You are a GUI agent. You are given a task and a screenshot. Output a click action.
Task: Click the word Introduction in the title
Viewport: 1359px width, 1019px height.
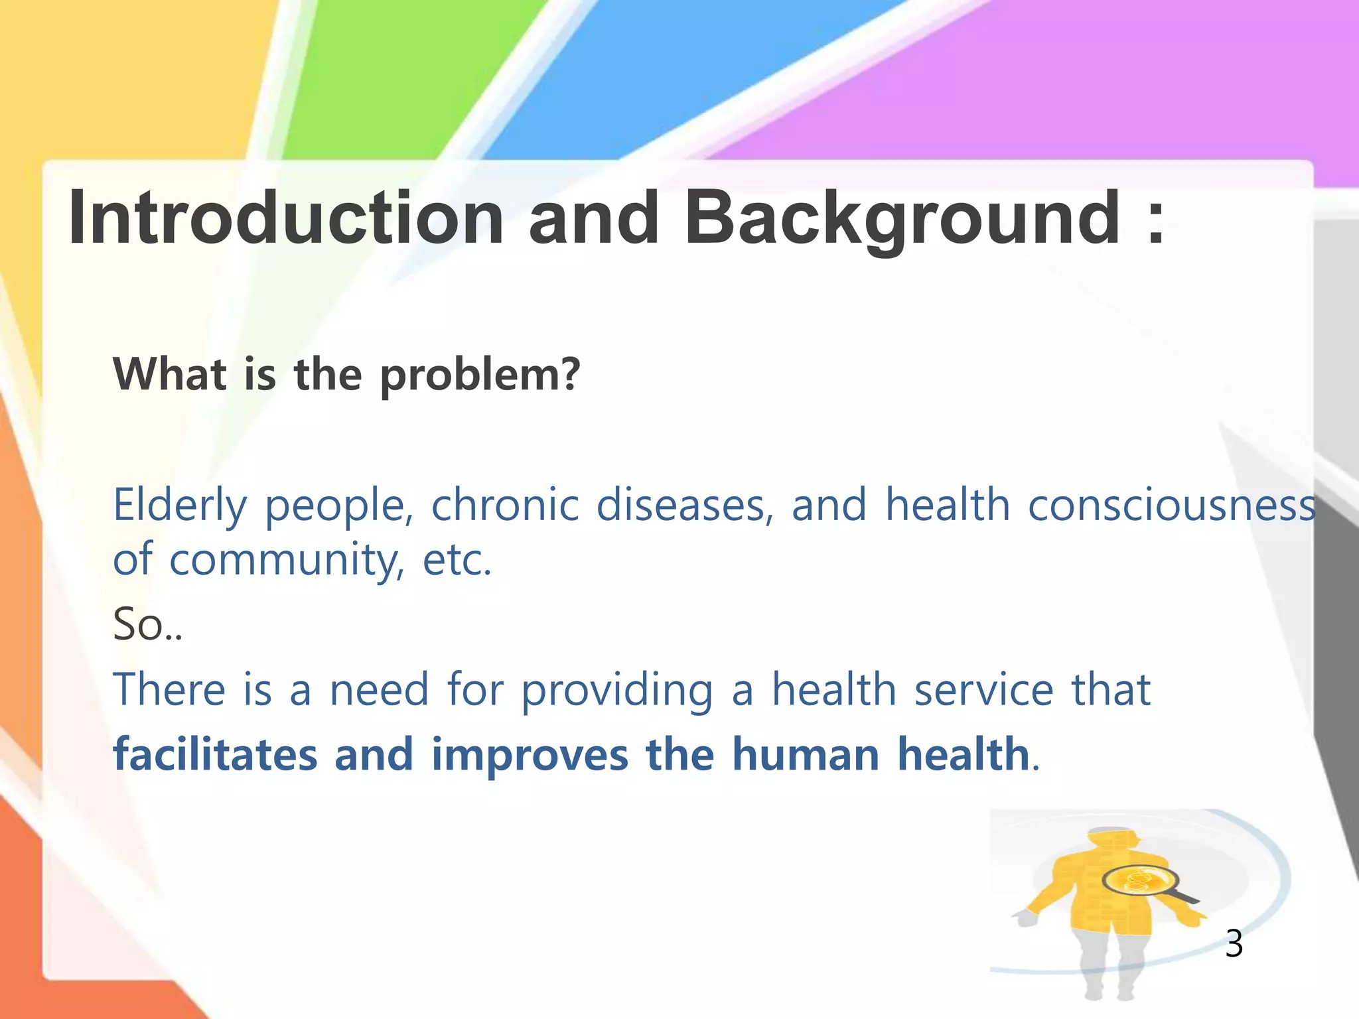click(x=285, y=218)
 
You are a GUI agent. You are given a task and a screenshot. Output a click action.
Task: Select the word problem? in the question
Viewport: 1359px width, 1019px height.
click(x=480, y=375)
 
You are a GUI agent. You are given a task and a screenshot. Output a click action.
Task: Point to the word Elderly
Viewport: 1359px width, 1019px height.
click(x=180, y=506)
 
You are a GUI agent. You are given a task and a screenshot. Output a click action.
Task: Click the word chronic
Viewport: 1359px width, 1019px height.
click(x=505, y=506)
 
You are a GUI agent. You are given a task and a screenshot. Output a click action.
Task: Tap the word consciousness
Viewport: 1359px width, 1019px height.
click(x=1171, y=506)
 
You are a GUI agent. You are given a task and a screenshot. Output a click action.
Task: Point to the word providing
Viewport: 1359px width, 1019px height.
click(x=617, y=690)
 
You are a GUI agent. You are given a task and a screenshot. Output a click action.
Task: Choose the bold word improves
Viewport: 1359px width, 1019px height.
click(x=529, y=755)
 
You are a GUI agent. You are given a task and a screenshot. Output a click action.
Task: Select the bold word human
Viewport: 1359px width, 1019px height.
click(x=806, y=755)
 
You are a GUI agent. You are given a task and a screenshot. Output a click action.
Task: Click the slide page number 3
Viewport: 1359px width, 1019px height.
click(x=1234, y=943)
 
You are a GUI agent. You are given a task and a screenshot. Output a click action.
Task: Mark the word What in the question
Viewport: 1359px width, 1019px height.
click(x=170, y=374)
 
